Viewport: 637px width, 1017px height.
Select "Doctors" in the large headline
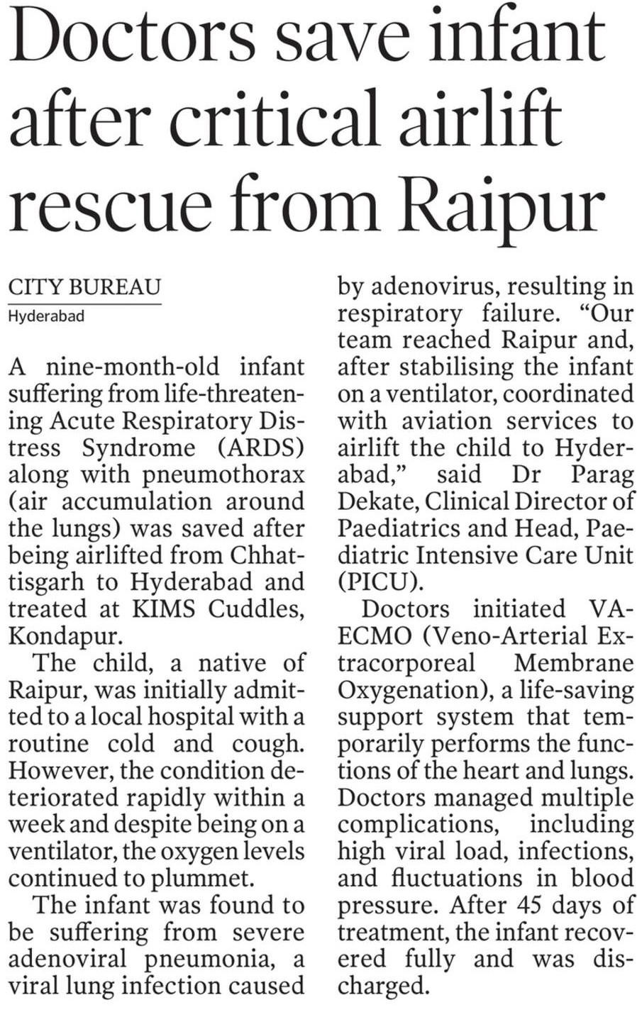(135, 39)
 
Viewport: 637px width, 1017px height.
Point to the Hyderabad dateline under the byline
(46, 316)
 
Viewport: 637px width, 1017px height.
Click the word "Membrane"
(573, 663)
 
